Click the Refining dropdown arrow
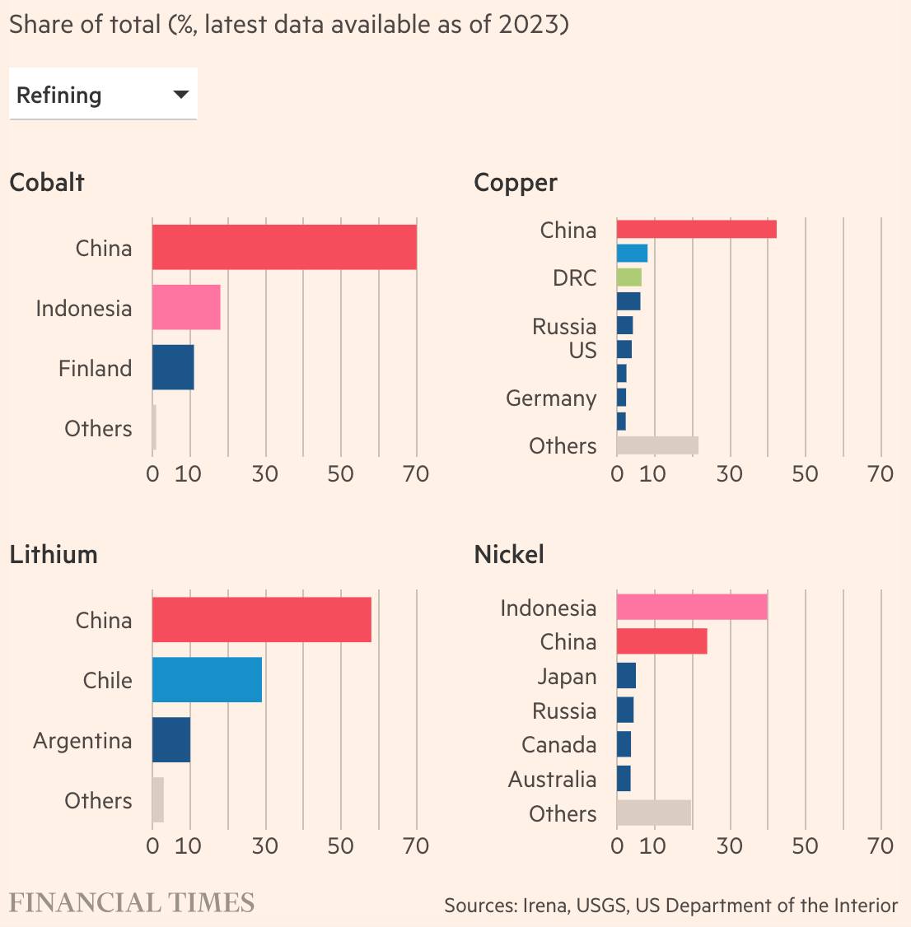tap(181, 95)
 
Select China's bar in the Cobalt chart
tap(284, 247)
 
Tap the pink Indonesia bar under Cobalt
tap(186, 307)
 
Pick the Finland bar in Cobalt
tap(173, 367)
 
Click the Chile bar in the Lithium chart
tap(207, 679)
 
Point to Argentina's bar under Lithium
tap(171, 739)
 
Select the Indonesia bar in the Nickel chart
tap(692, 608)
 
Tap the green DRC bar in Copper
tap(629, 277)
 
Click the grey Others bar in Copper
tap(657, 445)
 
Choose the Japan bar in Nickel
tap(626, 676)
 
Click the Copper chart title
tap(516, 183)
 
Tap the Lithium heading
tap(54, 555)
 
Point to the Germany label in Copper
tap(551, 398)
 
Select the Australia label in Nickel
tap(552, 779)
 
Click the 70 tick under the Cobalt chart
tap(416, 474)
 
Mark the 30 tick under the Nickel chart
tap(729, 846)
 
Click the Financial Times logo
tap(132, 903)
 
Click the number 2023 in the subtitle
tap(533, 25)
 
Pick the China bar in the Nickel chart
tap(661, 641)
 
